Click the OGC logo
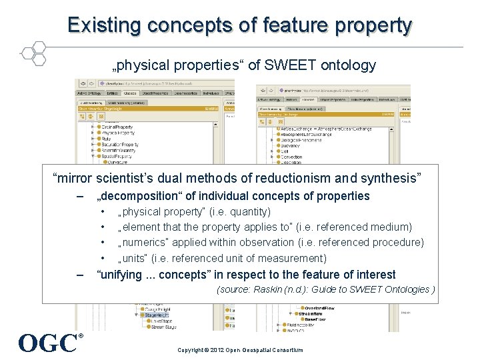click(x=48, y=343)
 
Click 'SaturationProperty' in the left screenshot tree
click(x=119, y=144)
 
